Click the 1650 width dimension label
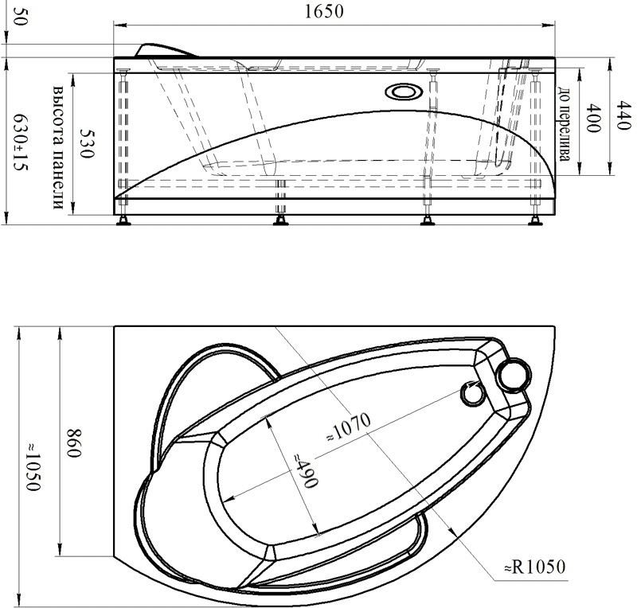(x=324, y=12)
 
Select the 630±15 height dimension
(x=21, y=142)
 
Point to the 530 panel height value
(x=87, y=144)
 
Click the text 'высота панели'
(x=58, y=148)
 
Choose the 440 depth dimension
(x=623, y=115)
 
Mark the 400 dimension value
(x=592, y=119)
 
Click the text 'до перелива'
(x=564, y=124)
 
